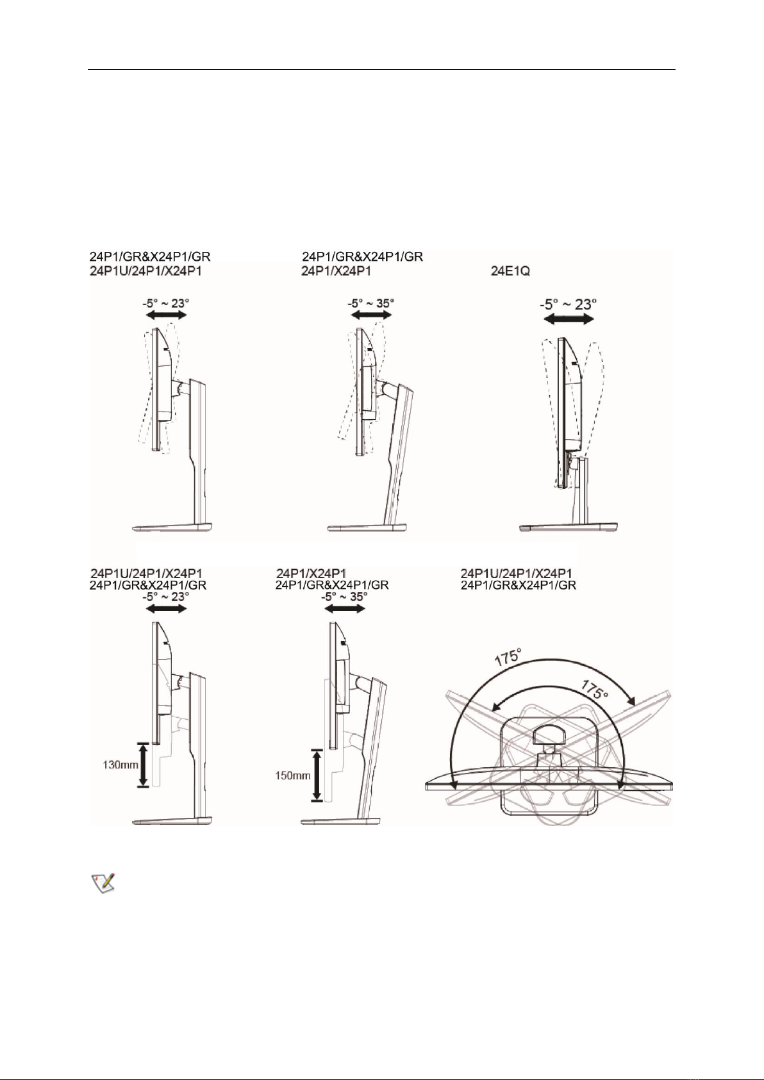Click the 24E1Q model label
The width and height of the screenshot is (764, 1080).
click(510, 272)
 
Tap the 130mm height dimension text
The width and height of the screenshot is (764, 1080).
click(120, 765)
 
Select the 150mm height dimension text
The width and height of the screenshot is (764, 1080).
click(292, 776)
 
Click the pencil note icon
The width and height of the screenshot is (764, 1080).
click(103, 883)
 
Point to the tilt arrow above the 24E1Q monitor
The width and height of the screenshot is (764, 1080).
click(569, 319)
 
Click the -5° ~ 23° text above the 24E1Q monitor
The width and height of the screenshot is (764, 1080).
click(569, 304)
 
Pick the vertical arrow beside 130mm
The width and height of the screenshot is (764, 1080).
click(143, 765)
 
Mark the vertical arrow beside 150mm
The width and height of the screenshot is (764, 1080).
click(317, 776)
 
